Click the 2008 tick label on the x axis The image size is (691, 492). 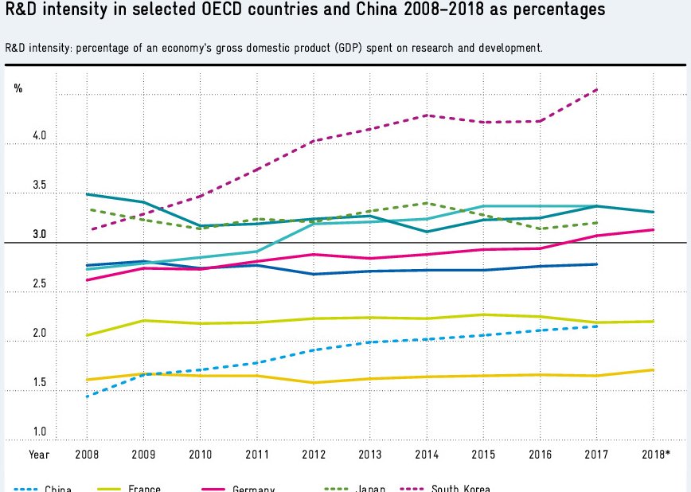86,455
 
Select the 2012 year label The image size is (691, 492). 313,455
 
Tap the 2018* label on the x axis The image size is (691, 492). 655,455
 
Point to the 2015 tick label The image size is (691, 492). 482,455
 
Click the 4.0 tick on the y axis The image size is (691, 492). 39,137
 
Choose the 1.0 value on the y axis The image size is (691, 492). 39,432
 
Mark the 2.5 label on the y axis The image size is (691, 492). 39,284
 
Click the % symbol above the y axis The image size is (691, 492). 18,88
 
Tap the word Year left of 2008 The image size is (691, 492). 39,455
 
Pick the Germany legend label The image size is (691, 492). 253,488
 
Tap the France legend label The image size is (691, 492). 144,488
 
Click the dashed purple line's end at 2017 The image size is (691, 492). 596,90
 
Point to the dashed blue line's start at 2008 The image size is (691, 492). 86,396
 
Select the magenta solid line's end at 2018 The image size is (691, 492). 654,230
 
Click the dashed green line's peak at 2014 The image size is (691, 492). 426,203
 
